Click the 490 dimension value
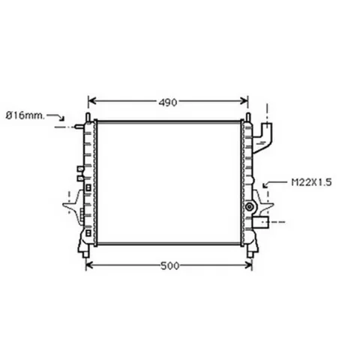click(168, 103)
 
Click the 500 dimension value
click(170, 266)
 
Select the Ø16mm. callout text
click(25, 115)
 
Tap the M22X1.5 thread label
click(311, 182)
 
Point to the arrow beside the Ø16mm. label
click(57, 116)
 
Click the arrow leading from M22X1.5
click(275, 183)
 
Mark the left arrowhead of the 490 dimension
click(92, 101)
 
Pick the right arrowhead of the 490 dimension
click(244, 101)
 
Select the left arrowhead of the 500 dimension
click(89, 265)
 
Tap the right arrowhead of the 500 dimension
click(248, 265)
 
